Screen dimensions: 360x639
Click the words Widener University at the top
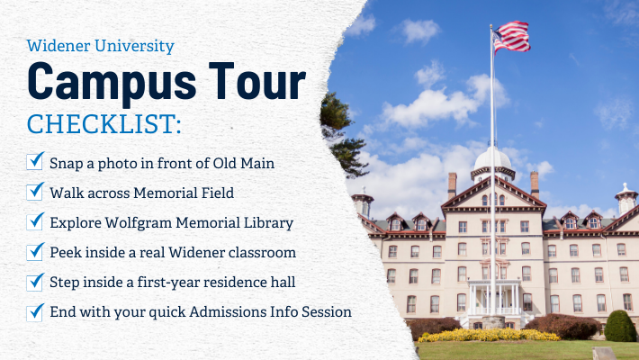[x=101, y=45]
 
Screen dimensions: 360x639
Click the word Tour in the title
[x=252, y=83]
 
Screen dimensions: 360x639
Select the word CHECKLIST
[x=103, y=123]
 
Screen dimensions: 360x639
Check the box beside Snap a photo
[x=36, y=161]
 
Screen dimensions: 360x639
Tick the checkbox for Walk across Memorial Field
[x=36, y=192]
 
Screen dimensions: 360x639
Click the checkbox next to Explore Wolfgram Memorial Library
[x=36, y=221]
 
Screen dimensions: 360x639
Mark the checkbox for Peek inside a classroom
[x=36, y=252]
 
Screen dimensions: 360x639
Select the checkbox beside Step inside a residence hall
[x=36, y=282]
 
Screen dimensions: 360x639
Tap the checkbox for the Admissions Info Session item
[x=36, y=312]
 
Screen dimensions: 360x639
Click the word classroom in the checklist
[x=259, y=252]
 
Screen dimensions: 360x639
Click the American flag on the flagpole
[x=511, y=37]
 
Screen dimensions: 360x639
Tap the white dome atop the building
[x=492, y=162]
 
